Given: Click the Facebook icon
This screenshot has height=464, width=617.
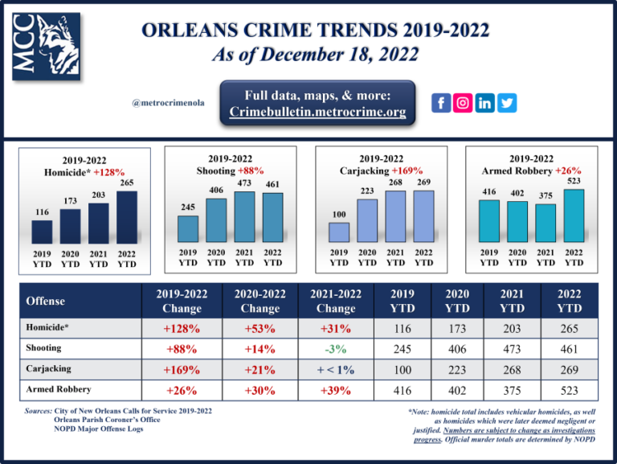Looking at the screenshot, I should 441,103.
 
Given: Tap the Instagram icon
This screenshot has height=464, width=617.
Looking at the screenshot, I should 464,103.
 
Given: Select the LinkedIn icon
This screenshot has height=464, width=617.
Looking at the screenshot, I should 485,103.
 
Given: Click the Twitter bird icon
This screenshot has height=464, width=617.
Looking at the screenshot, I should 508,103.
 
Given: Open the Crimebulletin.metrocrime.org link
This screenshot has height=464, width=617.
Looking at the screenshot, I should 317,112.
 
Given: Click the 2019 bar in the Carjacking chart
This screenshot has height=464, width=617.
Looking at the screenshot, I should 339,232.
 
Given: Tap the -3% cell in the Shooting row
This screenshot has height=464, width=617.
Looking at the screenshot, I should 336,349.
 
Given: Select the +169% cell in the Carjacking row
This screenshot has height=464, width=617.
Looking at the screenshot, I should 182,370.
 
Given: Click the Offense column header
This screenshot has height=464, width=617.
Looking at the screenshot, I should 47,301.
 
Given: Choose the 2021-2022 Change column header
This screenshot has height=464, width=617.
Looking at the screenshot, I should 336,301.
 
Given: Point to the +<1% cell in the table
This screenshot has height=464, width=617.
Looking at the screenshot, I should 336,370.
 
